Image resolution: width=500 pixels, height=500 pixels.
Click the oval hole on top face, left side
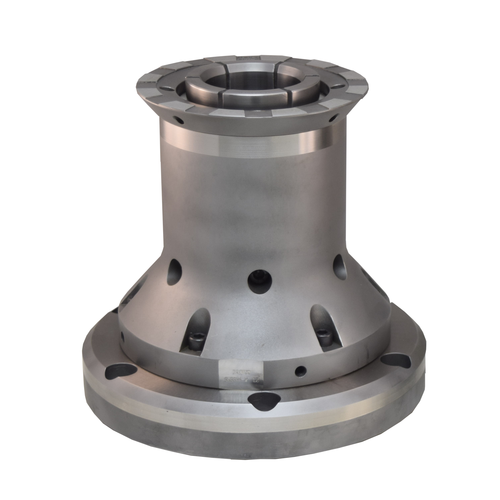tap(168, 89)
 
